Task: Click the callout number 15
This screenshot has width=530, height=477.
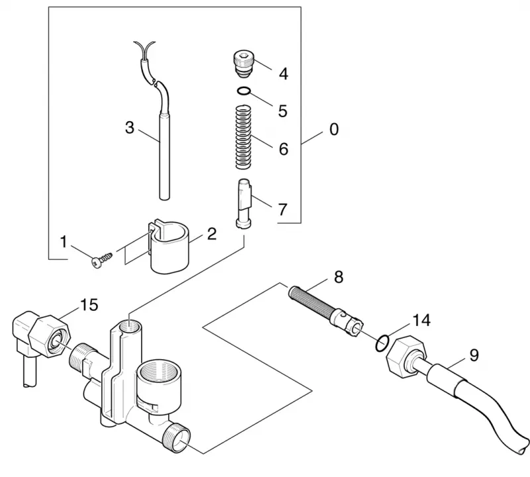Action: (89, 305)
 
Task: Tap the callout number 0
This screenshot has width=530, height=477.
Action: (334, 129)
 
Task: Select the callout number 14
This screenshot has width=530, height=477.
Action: (421, 320)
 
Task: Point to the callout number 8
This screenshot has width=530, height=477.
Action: (339, 277)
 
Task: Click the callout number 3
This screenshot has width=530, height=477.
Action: (129, 128)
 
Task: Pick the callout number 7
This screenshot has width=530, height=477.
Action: (282, 209)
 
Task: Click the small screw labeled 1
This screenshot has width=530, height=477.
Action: (102, 258)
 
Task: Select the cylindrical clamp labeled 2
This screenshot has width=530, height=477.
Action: (169, 247)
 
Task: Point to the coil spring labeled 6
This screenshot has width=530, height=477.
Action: (244, 137)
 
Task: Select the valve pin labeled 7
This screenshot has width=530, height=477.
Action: (244, 204)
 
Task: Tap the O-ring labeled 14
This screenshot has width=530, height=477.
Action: (382, 343)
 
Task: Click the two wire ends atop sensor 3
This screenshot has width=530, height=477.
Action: (144, 50)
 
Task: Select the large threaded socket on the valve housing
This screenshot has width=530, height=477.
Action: (158, 379)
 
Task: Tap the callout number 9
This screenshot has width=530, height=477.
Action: (474, 355)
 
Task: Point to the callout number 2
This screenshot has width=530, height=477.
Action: (211, 234)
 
